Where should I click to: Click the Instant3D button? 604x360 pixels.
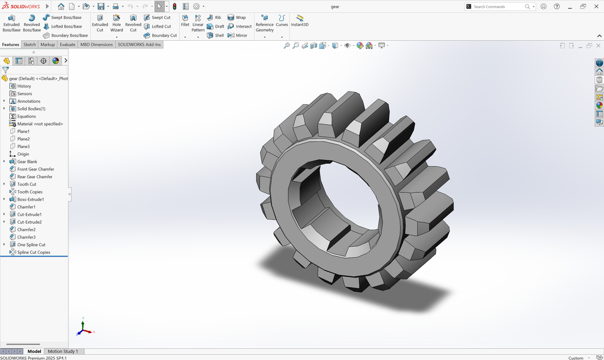pyautogui.click(x=300, y=21)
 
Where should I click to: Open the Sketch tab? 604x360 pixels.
pyautogui.click(x=29, y=44)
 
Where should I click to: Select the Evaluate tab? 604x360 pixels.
pyautogui.click(x=67, y=44)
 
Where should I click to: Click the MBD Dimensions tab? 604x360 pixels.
pyautogui.click(x=96, y=44)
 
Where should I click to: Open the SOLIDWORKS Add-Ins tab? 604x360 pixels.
pyautogui.click(x=139, y=44)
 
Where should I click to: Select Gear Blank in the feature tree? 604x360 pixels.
pyautogui.click(x=27, y=162)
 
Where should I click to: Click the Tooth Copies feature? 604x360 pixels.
pyautogui.click(x=29, y=192)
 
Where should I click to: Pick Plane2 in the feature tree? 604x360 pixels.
pyautogui.click(x=23, y=139)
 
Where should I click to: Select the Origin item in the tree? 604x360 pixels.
pyautogui.click(x=23, y=154)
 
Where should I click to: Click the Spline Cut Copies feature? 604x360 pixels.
pyautogui.click(x=34, y=252)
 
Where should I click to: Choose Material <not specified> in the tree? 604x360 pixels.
pyautogui.click(x=40, y=124)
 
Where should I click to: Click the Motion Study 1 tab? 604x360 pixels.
pyautogui.click(x=63, y=351)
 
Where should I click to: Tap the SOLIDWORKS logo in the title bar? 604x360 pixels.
pyautogui.click(x=21, y=6)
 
